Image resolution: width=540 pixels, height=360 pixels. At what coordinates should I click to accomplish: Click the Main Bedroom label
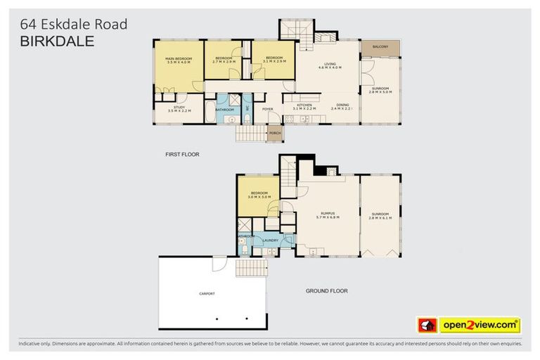pyautogui.click(x=179, y=60)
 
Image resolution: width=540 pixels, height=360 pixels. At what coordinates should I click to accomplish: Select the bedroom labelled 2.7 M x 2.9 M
pyautogui.click(x=224, y=59)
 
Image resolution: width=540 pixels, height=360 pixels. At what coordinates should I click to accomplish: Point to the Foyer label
pyautogui.click(x=267, y=109)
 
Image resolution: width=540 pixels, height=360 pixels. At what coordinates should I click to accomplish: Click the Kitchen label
pyautogui.click(x=304, y=107)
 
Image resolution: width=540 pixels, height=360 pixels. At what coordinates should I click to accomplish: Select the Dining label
pyautogui.click(x=342, y=107)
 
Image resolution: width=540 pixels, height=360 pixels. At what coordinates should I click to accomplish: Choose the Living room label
pyautogui.click(x=329, y=66)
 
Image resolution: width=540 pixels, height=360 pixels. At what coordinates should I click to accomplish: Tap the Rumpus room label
pyautogui.click(x=328, y=216)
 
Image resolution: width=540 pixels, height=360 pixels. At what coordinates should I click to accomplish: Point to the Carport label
pyautogui.click(x=207, y=293)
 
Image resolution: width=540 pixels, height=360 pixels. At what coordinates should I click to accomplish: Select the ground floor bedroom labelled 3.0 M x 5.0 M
pyautogui.click(x=259, y=195)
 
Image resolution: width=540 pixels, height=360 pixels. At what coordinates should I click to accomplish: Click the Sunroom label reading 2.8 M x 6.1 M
pyautogui.click(x=380, y=216)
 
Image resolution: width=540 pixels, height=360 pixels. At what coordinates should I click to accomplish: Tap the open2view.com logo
pyautogui.click(x=480, y=325)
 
